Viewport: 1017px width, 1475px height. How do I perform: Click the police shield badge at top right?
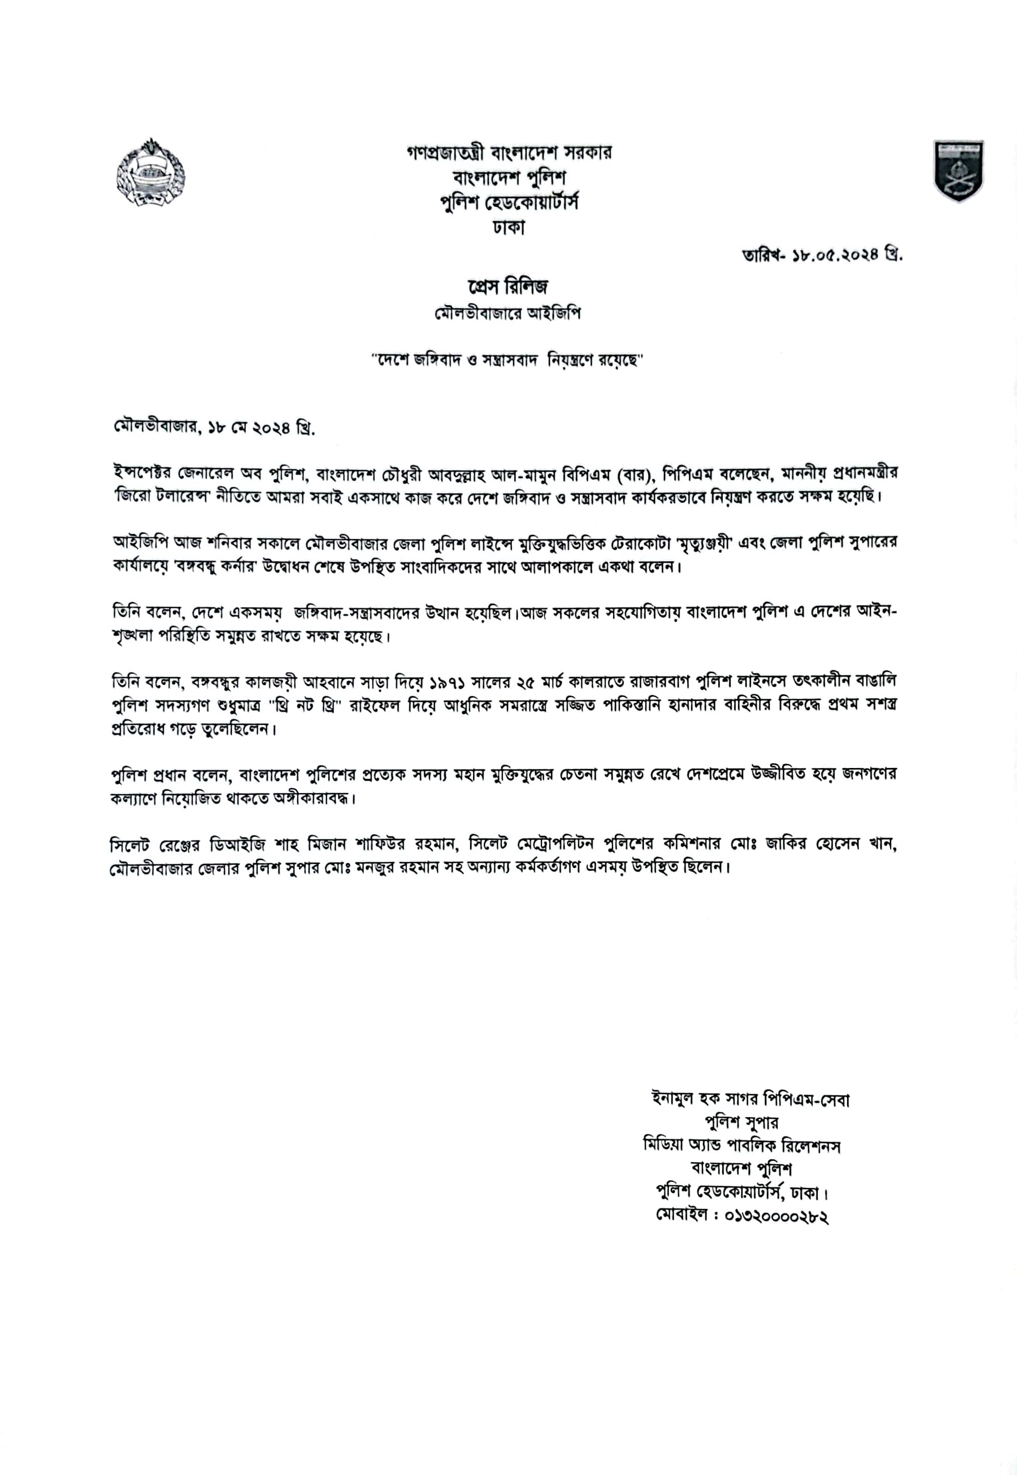tap(959, 171)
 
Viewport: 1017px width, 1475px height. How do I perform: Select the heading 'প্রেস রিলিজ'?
tap(508, 287)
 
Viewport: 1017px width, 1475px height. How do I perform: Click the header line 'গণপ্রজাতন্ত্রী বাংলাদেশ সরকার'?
tap(508, 153)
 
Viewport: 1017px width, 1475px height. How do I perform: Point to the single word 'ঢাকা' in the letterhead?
tap(508, 227)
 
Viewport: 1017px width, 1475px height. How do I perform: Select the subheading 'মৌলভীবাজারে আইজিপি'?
tap(508, 314)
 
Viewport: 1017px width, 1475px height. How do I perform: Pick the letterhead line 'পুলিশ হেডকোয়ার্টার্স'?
tap(508, 203)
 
